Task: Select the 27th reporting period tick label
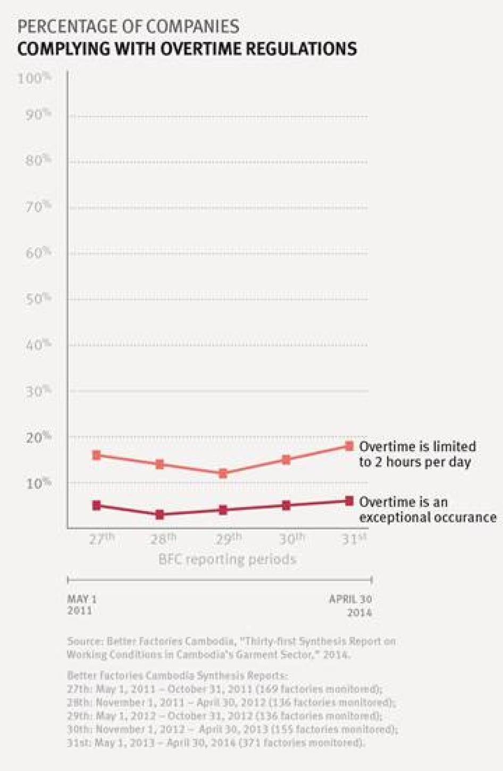pyautogui.click(x=102, y=539)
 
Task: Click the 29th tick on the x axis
pyautogui.click(x=229, y=539)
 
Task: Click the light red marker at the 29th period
pyautogui.click(x=223, y=473)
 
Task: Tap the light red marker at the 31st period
pyautogui.click(x=349, y=446)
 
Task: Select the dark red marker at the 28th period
pyautogui.click(x=160, y=515)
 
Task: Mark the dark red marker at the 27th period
pyautogui.click(x=97, y=506)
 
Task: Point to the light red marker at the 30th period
pyautogui.click(x=286, y=460)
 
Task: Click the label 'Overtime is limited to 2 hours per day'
pyautogui.click(x=417, y=454)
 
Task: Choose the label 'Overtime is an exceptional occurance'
pyautogui.click(x=427, y=510)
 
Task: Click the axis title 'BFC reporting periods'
pyautogui.click(x=227, y=560)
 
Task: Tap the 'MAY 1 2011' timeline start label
pyautogui.click(x=82, y=605)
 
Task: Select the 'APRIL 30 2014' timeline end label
pyautogui.click(x=350, y=605)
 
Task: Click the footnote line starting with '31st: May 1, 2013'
pyautogui.click(x=216, y=742)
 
